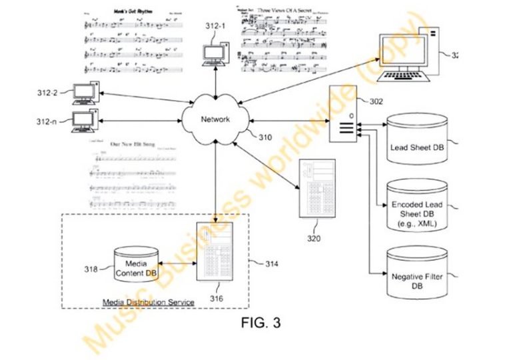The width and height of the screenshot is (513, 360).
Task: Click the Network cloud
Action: pyautogui.click(x=216, y=119)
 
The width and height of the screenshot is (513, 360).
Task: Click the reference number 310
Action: pyautogui.click(x=265, y=138)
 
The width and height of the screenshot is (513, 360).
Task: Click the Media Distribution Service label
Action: pyautogui.click(x=148, y=302)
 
